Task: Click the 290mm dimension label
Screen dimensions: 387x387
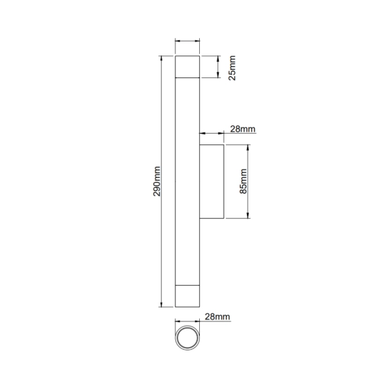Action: pos(157,182)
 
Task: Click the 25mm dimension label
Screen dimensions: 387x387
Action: pos(232,68)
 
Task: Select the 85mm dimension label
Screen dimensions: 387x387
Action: pos(243,182)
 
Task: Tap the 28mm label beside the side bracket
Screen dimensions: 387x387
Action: pos(243,129)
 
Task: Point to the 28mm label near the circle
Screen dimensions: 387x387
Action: pos(217,317)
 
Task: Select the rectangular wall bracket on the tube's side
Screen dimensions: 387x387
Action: pos(212,182)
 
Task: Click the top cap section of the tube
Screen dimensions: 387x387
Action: pos(187,67)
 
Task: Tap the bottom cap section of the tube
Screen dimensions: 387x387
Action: pos(187,296)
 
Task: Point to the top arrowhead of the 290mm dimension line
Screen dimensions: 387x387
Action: pos(161,58)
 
